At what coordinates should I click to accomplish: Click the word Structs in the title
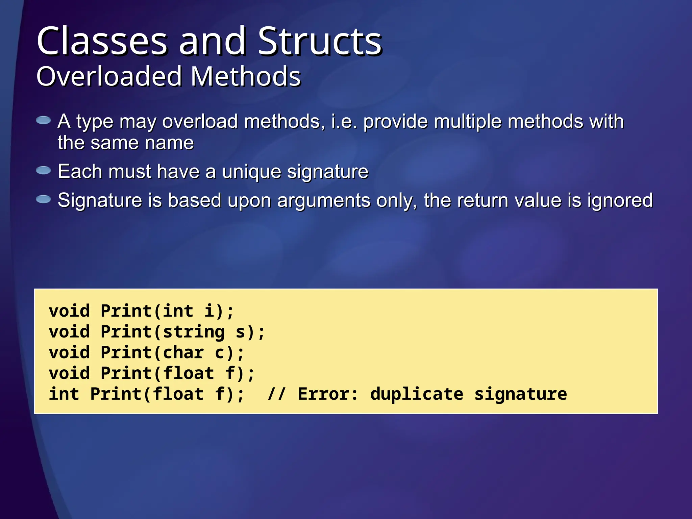(x=320, y=41)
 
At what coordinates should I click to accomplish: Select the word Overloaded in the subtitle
(x=109, y=77)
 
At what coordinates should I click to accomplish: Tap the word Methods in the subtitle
(x=246, y=77)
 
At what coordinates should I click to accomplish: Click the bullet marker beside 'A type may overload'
(x=44, y=120)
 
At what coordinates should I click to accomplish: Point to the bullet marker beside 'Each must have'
(x=44, y=170)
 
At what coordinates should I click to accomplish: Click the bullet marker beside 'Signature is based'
(x=44, y=199)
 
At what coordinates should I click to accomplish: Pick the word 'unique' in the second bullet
(x=251, y=172)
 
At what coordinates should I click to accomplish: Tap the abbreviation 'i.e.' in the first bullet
(x=344, y=121)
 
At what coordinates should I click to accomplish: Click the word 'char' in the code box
(x=183, y=353)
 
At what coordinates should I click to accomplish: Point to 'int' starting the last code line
(x=64, y=394)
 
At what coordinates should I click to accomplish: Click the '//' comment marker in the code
(x=276, y=394)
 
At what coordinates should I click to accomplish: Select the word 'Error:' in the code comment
(x=328, y=394)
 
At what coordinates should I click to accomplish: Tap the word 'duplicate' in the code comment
(x=417, y=394)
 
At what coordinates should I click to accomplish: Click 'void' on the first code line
(x=69, y=311)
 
